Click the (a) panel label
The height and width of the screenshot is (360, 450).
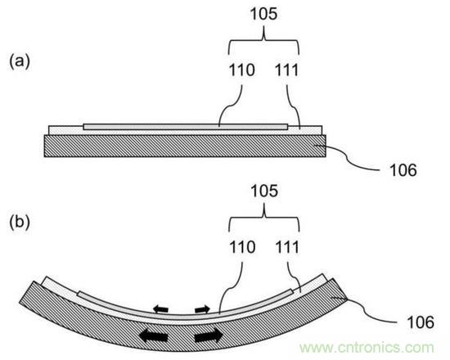(x=20, y=61)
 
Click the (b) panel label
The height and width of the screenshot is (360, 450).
(x=20, y=223)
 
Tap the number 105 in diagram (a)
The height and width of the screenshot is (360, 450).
(x=264, y=13)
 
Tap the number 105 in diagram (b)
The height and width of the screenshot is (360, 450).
(x=264, y=191)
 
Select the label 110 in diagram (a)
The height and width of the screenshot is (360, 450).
(x=241, y=70)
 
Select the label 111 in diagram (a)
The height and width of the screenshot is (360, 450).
(x=286, y=70)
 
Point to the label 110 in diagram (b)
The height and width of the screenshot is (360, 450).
(x=242, y=247)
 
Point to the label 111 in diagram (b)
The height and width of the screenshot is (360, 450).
(x=287, y=247)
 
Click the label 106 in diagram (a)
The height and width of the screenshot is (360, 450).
(x=403, y=170)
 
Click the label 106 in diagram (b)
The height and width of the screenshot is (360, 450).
(x=421, y=322)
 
